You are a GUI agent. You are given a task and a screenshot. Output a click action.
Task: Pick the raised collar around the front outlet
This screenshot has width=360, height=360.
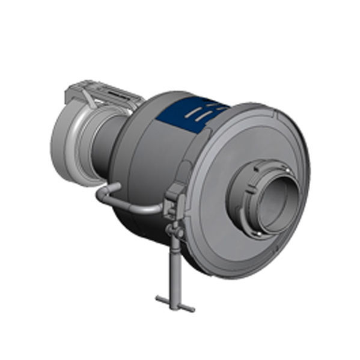(252, 207)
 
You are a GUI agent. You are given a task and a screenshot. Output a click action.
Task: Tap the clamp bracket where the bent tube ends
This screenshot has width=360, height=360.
(174, 198)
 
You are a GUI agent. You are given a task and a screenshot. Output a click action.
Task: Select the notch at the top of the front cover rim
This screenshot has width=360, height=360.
(274, 114)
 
